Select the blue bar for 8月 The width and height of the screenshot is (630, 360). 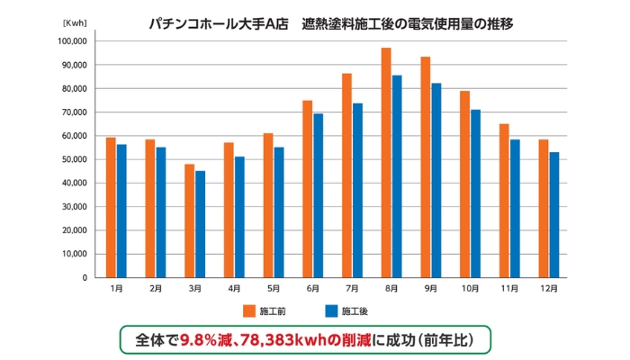(397, 176)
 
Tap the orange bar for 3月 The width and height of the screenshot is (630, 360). (189, 220)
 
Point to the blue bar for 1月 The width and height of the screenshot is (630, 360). (121, 211)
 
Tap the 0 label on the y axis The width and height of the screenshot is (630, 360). (85, 277)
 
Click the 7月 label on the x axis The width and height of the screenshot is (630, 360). (352, 289)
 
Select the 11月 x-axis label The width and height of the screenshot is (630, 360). (509, 289)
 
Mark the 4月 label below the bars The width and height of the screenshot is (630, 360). (233, 289)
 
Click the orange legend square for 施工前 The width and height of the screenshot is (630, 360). (249, 310)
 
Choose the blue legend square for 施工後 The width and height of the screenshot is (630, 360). (330, 310)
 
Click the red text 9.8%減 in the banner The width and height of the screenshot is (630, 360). (208, 340)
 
